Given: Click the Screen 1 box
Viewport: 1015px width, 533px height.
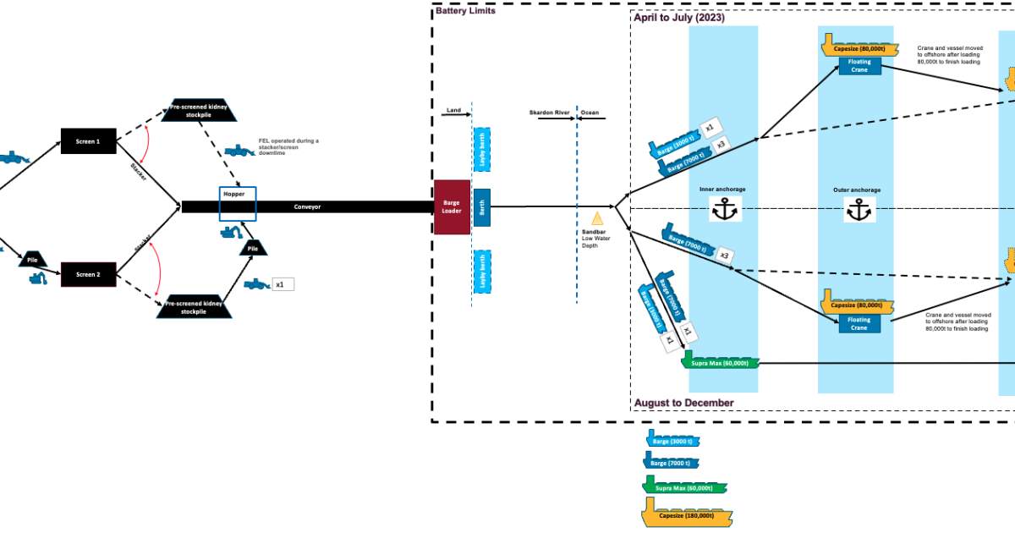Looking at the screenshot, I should point(88,141).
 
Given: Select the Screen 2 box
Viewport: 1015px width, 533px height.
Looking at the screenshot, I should point(88,274).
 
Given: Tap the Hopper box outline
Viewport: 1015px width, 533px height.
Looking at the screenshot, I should point(237,204).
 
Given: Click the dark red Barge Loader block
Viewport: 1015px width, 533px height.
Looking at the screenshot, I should point(452,207).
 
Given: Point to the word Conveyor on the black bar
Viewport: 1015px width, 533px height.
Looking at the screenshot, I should point(307,206).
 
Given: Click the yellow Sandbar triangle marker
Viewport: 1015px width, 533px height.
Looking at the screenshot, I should point(596,218).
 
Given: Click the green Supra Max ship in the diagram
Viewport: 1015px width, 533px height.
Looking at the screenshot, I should point(720,362).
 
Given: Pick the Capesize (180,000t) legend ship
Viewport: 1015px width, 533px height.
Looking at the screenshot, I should point(688,514).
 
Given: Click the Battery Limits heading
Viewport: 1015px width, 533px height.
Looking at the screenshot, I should point(465,11).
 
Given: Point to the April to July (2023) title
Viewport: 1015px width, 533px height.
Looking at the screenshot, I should point(679,18).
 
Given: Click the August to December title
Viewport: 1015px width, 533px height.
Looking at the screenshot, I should point(683,403).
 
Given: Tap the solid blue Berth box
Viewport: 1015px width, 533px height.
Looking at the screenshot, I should point(482,208).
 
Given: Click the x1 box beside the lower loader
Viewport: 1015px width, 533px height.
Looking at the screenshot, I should point(283,284).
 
